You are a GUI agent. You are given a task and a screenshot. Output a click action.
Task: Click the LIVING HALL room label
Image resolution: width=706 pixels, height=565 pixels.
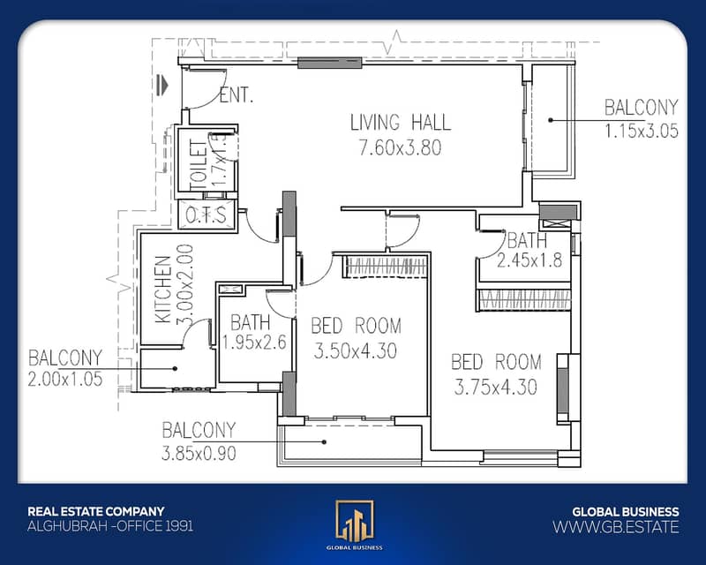pos(401,123)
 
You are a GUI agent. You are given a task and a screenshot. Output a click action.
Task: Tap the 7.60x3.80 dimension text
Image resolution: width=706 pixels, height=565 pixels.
pos(401,147)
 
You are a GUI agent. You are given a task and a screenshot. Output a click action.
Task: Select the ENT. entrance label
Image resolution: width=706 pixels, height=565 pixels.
pos(237,95)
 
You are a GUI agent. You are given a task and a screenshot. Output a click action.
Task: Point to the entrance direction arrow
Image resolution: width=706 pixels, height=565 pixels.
pos(162,85)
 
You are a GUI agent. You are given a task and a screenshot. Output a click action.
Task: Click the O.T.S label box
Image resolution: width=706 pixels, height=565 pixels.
pos(207,215)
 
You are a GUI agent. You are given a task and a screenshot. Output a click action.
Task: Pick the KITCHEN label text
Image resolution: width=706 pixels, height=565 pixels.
pos(163,290)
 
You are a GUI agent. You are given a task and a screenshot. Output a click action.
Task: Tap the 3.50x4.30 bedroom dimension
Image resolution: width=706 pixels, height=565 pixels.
pos(356,351)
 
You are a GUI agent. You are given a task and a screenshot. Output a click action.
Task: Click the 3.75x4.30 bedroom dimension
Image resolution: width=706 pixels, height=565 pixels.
pos(496,387)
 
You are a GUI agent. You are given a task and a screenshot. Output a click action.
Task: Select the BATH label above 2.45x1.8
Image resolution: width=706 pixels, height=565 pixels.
pos(527,241)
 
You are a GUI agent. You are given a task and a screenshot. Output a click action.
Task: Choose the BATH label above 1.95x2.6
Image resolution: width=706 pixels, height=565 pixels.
pos(251,322)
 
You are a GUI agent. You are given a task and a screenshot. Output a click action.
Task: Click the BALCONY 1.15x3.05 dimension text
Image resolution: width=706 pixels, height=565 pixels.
pos(642,131)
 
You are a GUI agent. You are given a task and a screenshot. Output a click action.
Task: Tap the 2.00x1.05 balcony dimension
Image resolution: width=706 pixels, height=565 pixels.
pos(65,379)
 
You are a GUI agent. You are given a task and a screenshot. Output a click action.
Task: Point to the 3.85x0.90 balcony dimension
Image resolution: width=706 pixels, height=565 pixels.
pos(199,453)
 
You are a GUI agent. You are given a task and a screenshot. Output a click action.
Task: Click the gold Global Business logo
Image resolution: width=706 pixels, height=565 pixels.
pos(355,521)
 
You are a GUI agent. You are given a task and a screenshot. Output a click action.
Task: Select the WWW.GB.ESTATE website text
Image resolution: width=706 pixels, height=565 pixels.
pos(615,527)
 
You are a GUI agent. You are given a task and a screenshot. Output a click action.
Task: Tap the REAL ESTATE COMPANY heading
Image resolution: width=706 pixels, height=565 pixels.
pos(96,511)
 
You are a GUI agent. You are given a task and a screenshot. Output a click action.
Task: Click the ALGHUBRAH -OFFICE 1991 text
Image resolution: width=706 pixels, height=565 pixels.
pos(110,526)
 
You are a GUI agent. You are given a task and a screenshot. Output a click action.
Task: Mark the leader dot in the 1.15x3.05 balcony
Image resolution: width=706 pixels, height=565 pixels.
pos(550,120)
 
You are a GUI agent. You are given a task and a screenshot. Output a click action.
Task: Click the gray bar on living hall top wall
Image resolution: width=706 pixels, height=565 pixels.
pos(329,63)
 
